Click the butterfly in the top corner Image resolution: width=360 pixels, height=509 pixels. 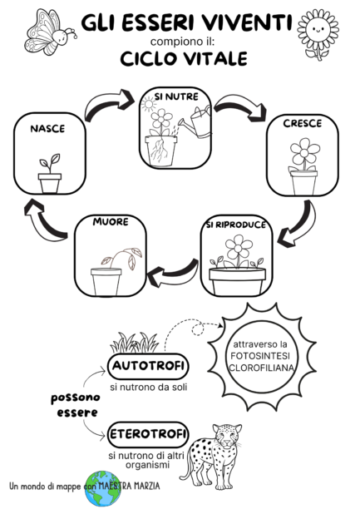(45, 31)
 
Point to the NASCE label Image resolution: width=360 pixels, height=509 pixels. (47, 129)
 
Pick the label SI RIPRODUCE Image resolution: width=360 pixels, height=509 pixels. (236, 225)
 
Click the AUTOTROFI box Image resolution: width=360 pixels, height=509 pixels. (148, 365)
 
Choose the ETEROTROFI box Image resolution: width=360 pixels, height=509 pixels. (148, 432)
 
